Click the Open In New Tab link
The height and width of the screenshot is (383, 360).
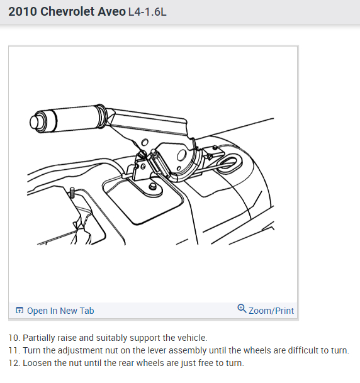(x=60, y=311)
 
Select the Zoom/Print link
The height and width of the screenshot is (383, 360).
(x=271, y=311)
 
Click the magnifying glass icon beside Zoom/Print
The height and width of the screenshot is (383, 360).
(x=242, y=308)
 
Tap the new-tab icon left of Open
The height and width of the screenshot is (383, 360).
(x=20, y=310)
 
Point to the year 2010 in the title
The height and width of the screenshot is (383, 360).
(x=23, y=11)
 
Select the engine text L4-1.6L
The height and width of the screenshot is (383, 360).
(x=147, y=12)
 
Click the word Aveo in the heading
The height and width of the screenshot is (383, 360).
(x=111, y=11)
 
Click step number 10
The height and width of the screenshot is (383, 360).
(x=14, y=338)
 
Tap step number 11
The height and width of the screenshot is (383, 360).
(x=14, y=350)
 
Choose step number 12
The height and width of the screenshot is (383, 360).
(x=14, y=363)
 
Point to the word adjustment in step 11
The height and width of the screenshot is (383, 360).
(x=84, y=351)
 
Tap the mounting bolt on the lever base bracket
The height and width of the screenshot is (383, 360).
(x=152, y=186)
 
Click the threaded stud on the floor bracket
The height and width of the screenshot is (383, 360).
(x=72, y=192)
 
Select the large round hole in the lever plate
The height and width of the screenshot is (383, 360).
(x=181, y=155)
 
